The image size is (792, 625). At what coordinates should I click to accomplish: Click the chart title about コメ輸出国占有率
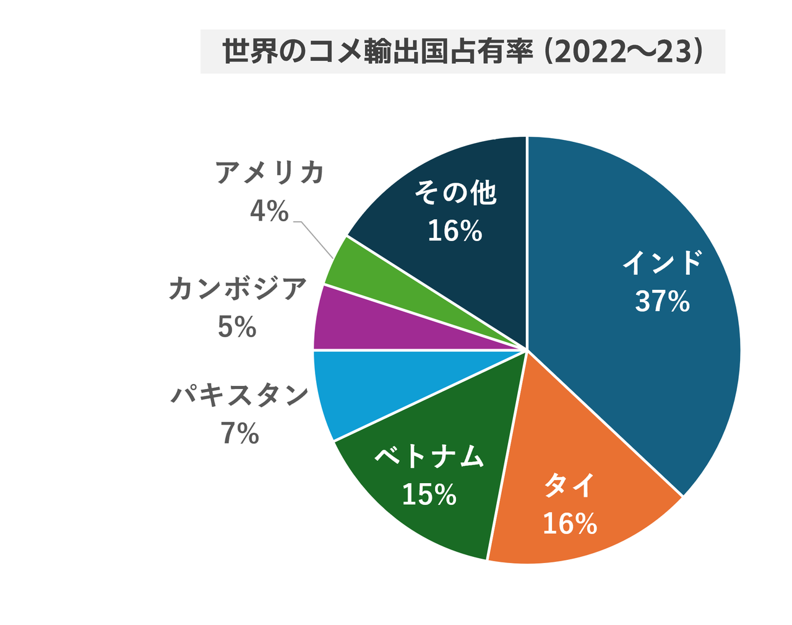(x=463, y=52)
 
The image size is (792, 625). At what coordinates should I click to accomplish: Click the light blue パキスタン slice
(x=371, y=384)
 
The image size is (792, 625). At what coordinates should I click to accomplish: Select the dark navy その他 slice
(x=470, y=273)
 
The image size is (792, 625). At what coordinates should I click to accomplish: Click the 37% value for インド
(x=662, y=302)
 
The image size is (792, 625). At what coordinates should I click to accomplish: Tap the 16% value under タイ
(x=569, y=524)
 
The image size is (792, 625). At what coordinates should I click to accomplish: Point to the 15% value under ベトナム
(x=429, y=495)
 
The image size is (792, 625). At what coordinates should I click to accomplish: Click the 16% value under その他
(x=455, y=232)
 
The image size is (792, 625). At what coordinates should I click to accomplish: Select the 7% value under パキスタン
(x=239, y=434)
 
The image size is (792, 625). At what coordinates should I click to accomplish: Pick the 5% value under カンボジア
(x=237, y=327)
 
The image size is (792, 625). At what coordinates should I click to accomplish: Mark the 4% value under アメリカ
(x=269, y=212)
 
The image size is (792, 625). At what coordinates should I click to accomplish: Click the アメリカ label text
(x=270, y=173)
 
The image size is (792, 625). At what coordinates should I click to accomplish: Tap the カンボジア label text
(x=238, y=289)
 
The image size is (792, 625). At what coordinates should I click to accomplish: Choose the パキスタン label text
(x=239, y=395)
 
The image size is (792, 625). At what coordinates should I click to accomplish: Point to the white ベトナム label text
(x=429, y=457)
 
